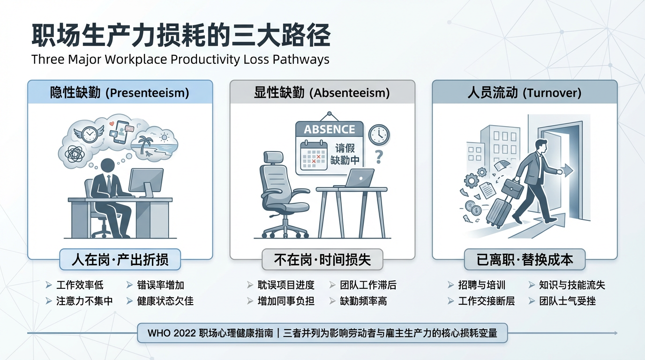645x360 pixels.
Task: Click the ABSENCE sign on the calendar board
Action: pyautogui.click(x=330, y=129)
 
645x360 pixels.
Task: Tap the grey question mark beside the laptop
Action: pyautogui.click(x=379, y=157)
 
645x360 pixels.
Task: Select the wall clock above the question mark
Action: pyautogui.click(x=379, y=135)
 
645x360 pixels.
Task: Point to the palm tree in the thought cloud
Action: pyautogui.click(x=145, y=144)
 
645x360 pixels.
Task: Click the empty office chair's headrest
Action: pyautogui.click(x=273, y=157)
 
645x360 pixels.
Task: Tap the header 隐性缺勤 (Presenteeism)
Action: pyautogui.click(x=120, y=93)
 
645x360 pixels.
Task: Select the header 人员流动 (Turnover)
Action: pyautogui.click(x=525, y=93)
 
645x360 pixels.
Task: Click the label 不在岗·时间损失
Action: pyautogui.click(x=322, y=260)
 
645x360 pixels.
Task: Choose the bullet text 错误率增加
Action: pyautogui.click(x=160, y=285)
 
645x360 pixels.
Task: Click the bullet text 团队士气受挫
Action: pyautogui.click(x=567, y=301)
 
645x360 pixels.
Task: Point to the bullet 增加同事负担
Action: pyautogui.click(x=286, y=301)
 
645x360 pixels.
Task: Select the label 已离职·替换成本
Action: pyautogui.click(x=525, y=260)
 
